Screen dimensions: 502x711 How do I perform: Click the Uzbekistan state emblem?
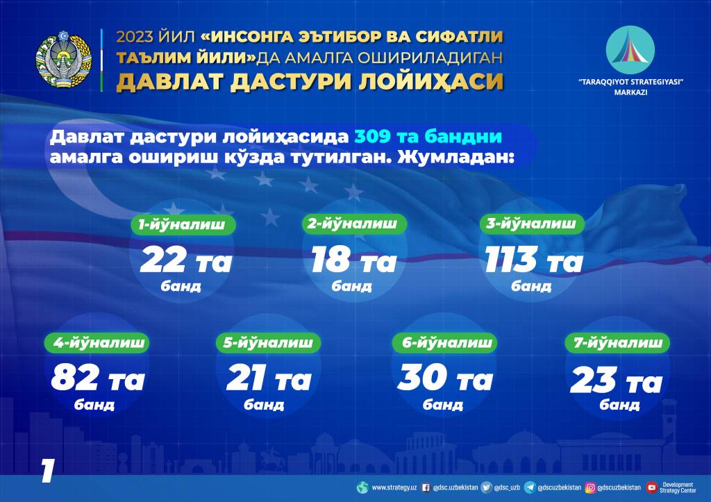[x=64, y=59]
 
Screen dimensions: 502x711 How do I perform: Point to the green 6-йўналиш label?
[x=443, y=342]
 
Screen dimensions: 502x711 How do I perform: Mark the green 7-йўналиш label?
[x=617, y=342]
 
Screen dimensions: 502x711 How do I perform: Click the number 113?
[x=510, y=261]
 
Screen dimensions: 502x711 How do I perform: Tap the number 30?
[x=421, y=379]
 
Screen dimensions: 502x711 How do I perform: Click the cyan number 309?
[x=378, y=135]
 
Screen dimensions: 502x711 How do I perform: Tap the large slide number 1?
[x=47, y=471]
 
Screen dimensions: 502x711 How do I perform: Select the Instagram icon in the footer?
[x=590, y=487]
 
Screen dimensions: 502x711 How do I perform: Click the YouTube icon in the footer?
[x=651, y=487]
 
